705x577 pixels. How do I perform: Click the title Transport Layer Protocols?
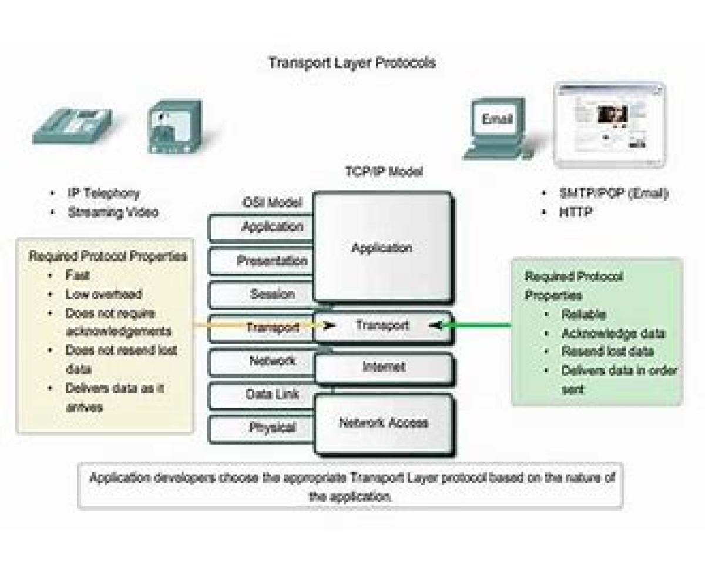[352, 62]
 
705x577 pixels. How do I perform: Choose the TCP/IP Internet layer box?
[383, 367]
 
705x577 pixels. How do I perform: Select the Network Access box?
[383, 423]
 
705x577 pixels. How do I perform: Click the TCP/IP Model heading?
[383, 172]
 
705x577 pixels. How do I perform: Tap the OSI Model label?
[272, 202]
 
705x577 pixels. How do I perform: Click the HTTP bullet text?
[576, 212]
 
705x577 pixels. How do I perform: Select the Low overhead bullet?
[103, 294]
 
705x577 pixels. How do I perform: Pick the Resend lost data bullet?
[607, 352]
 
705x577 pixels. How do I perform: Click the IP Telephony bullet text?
[103, 193]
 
